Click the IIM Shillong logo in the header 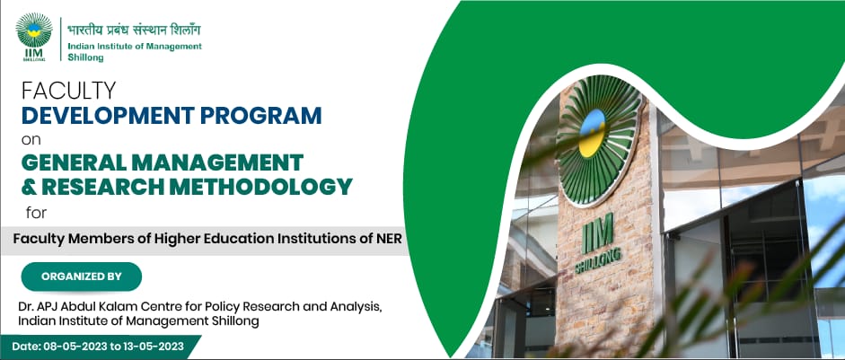point(34,37)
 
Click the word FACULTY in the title point(68,91)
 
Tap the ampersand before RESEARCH point(28,187)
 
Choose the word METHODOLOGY point(274,187)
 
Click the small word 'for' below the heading point(36,213)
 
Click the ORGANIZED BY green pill point(82,277)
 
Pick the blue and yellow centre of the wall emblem point(592,133)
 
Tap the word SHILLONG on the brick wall point(598,260)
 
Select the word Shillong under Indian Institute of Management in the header point(85,57)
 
